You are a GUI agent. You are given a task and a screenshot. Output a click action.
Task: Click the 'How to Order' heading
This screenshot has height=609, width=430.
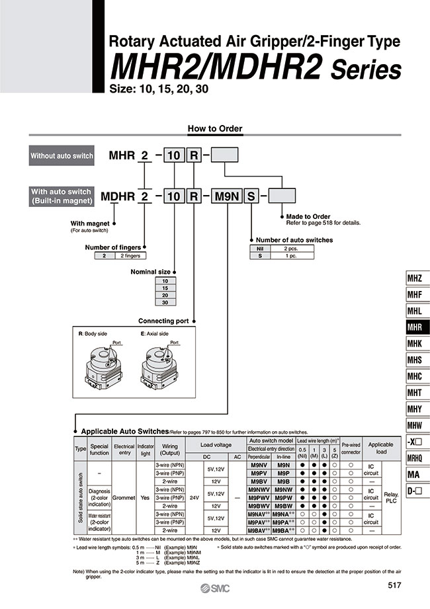pyautogui.click(x=215, y=128)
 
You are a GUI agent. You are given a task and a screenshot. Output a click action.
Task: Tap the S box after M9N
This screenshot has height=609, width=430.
pyautogui.click(x=251, y=196)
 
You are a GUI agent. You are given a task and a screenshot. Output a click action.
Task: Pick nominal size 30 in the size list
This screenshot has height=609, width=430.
pyautogui.click(x=165, y=302)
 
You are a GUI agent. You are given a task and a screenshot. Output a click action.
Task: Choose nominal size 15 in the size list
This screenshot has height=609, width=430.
pyautogui.click(x=165, y=288)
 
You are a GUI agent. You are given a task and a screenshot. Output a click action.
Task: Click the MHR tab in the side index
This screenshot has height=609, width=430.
pyautogui.click(x=414, y=327)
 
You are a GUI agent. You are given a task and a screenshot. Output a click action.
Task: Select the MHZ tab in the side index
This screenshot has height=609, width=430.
pyautogui.click(x=414, y=279)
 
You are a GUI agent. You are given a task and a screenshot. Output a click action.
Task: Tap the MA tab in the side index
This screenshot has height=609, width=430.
pyautogui.click(x=414, y=473)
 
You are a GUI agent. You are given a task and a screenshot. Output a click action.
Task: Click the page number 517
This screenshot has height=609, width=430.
pyautogui.click(x=395, y=585)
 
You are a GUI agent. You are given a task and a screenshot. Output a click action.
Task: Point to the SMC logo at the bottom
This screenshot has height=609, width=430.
pyautogui.click(x=215, y=588)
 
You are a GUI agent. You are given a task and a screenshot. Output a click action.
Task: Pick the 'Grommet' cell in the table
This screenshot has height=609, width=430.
pyautogui.click(x=124, y=497)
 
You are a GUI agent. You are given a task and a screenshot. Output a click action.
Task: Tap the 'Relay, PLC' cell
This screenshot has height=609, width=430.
pyautogui.click(x=391, y=497)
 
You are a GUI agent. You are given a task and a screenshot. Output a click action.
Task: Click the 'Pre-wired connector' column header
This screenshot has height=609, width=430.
pyautogui.click(x=351, y=448)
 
